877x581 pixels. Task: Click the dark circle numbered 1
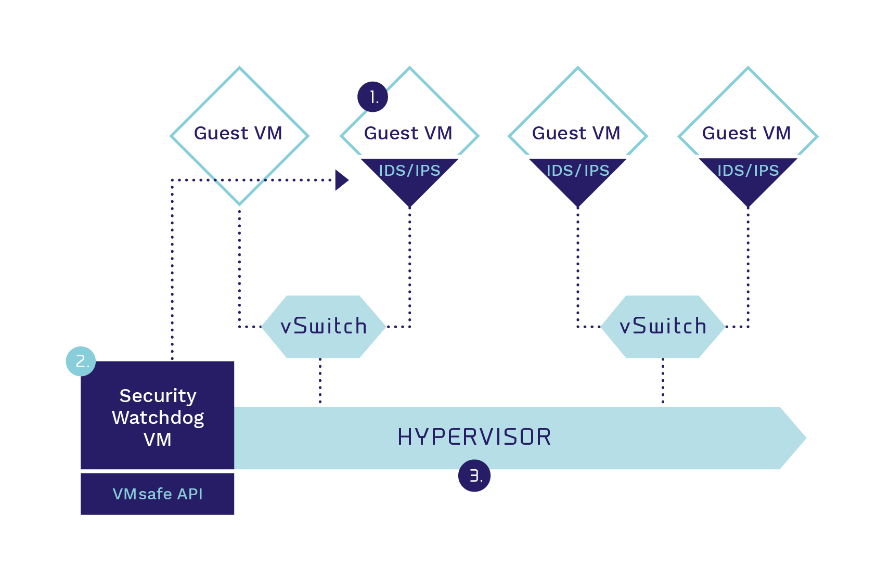tap(372, 97)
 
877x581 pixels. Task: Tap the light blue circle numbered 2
tap(81, 361)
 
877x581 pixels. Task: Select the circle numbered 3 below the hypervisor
tap(474, 476)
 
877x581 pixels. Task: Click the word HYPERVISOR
tap(474, 437)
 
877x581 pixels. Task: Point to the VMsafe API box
tap(158, 494)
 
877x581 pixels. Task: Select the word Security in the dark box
tap(158, 396)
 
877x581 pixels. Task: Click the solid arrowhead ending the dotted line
tap(342, 180)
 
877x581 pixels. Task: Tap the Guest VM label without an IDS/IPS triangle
tap(238, 133)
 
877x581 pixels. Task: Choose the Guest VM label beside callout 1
tap(408, 133)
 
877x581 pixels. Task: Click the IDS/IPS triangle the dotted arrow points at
tap(409, 178)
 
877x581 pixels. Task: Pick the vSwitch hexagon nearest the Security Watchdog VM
tap(324, 327)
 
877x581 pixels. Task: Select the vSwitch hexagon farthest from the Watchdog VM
tap(663, 327)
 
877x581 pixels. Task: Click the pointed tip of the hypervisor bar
tap(806, 438)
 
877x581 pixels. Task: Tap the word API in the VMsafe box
tap(190, 494)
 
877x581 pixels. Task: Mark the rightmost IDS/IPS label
tap(748, 171)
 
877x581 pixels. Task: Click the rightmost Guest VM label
tap(746, 133)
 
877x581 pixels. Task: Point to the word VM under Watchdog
tap(158, 440)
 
